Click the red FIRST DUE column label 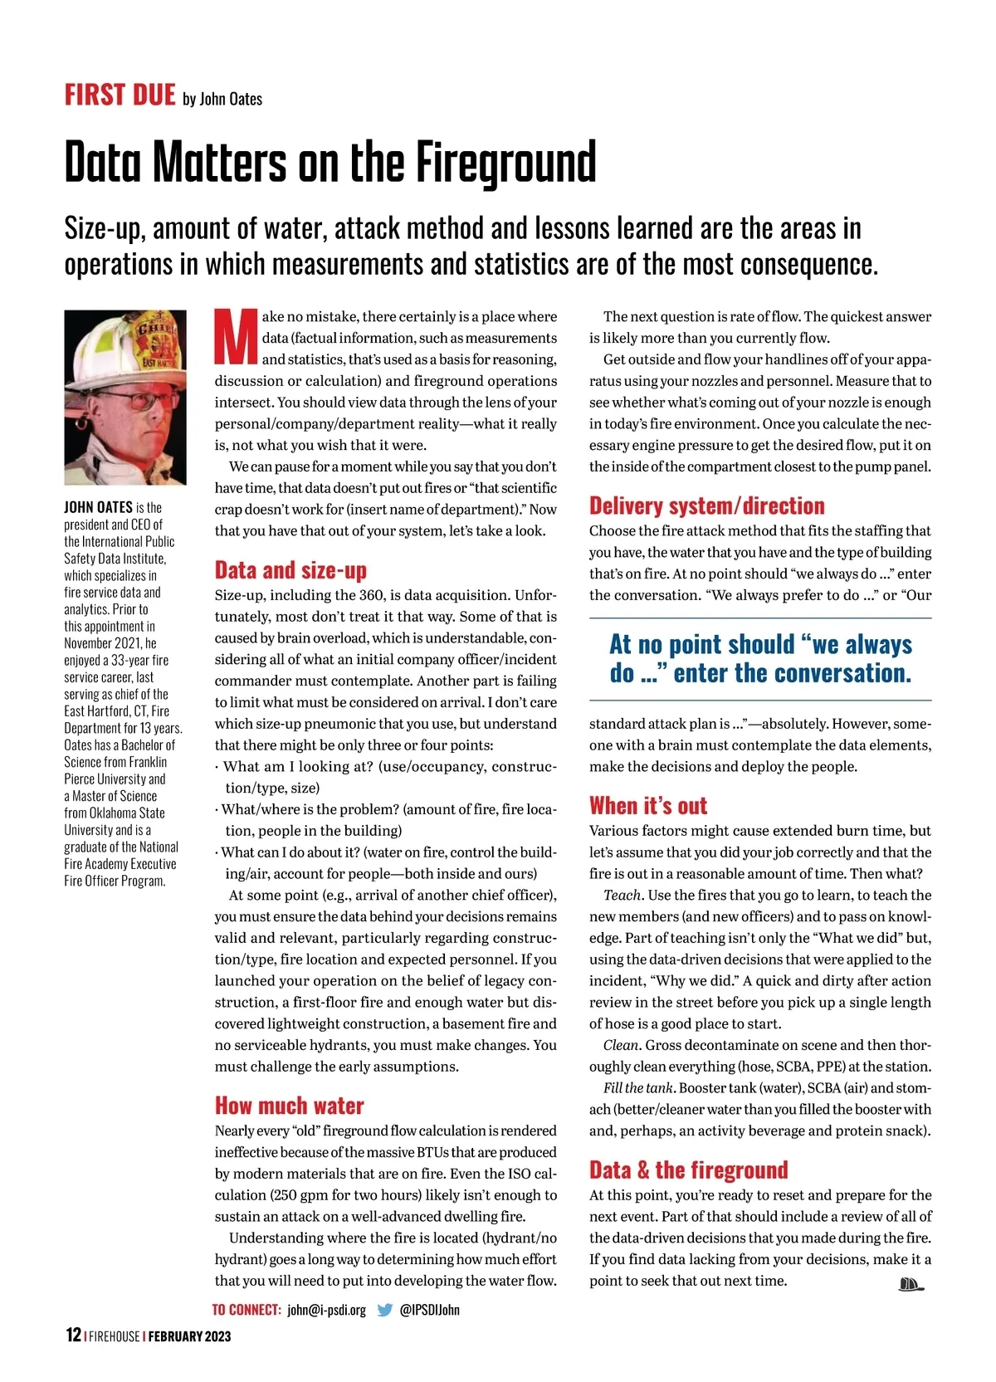point(120,95)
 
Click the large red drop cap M point(237,337)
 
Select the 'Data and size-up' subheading point(290,570)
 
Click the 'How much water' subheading point(289,1106)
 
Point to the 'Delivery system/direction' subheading point(706,505)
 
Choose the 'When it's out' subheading point(648,806)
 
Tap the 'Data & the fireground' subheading point(688,1170)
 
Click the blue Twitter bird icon point(385,1310)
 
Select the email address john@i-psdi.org point(326,1310)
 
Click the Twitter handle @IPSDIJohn point(429,1310)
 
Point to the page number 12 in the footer point(73,1335)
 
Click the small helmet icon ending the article point(911,1285)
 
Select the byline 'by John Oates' point(222,100)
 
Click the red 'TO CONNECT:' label point(247,1310)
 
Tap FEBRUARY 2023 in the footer point(189,1336)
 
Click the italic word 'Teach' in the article point(622,895)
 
